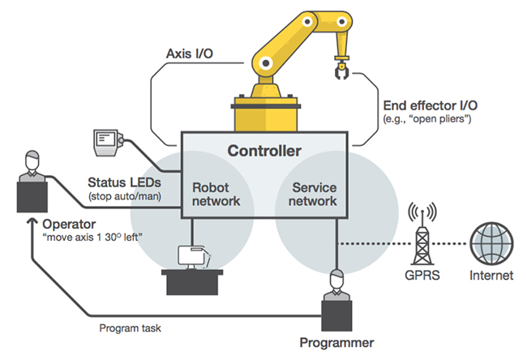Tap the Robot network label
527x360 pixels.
pyautogui.click(x=216, y=193)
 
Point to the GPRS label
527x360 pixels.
pyautogui.click(x=418, y=275)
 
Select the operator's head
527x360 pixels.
pyautogui.click(x=32, y=158)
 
